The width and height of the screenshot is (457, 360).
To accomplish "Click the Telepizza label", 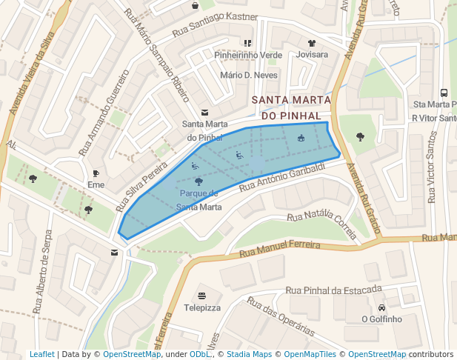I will [x=202, y=307].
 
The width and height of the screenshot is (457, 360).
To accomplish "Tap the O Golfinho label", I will [x=381, y=319].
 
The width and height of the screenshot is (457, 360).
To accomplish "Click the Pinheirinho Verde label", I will [x=248, y=55].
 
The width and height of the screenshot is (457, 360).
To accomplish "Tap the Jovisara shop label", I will [x=312, y=55].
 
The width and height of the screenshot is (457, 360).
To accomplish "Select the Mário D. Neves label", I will [x=249, y=76].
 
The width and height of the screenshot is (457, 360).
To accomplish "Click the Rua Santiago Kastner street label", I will [x=215, y=26].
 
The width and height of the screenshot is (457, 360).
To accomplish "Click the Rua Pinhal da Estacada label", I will [x=333, y=289].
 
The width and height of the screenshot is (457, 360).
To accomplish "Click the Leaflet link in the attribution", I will [x=41, y=355].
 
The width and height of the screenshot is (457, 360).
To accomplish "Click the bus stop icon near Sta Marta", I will [x=444, y=93].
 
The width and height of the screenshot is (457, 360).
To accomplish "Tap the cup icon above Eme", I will [x=96, y=173].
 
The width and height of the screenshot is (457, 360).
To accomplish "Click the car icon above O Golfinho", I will [x=381, y=307].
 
